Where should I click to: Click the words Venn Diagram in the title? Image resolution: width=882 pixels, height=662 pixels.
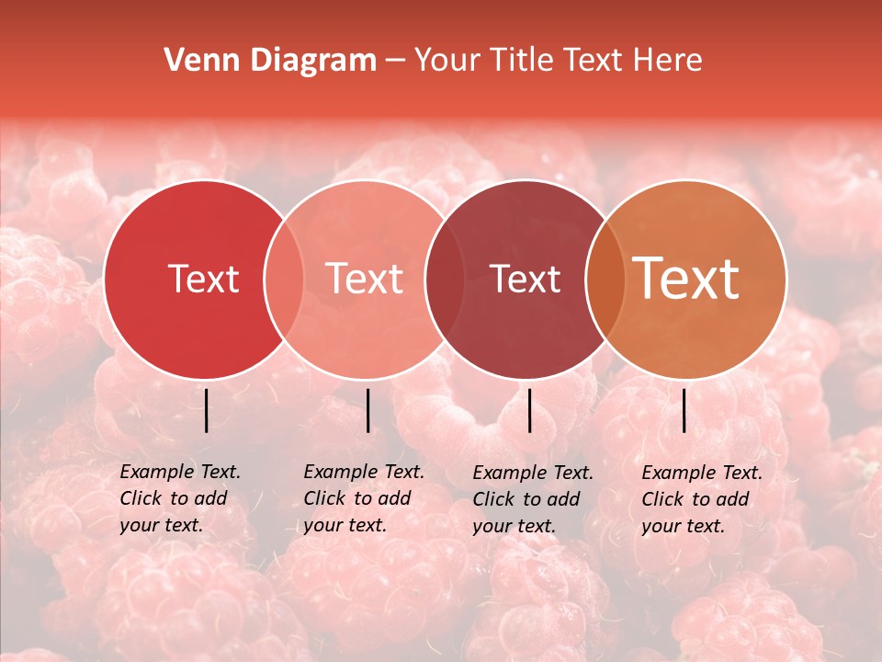tap(270, 61)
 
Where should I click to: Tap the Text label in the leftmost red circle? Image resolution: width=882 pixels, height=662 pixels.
tap(203, 279)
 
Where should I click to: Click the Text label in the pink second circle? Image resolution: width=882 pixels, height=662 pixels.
tap(365, 279)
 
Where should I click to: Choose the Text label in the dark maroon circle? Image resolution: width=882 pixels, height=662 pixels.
tap(525, 279)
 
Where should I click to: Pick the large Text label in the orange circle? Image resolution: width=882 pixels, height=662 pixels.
tap(686, 279)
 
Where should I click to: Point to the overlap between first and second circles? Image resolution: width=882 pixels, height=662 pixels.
tap(284, 280)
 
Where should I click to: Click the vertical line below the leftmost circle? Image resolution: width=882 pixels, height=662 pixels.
tap(206, 410)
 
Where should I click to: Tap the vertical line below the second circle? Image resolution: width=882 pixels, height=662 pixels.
tap(367, 410)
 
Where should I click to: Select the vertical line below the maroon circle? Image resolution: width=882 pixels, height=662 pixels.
tap(529, 410)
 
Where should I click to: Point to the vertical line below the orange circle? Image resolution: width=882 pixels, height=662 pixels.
tap(684, 410)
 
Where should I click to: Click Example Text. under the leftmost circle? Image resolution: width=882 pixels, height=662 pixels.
tap(180, 472)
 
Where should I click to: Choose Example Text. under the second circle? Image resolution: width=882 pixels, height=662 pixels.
tap(364, 472)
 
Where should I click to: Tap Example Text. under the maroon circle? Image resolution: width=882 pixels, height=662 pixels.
tap(533, 473)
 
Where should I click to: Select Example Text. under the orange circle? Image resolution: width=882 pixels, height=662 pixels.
tap(702, 473)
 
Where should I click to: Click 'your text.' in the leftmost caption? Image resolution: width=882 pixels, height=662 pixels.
tap(161, 526)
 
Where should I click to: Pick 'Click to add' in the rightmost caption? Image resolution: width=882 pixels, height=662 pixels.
tap(695, 499)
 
